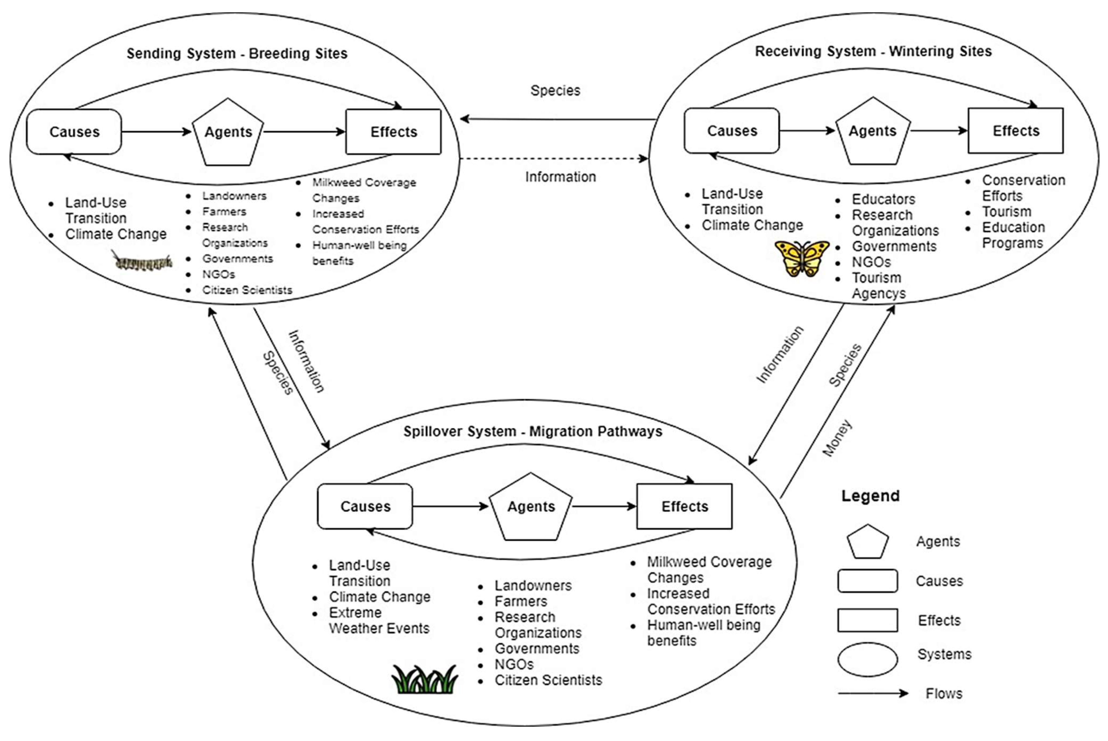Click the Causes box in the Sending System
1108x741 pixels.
pyautogui.click(x=74, y=132)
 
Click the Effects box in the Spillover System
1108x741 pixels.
pyautogui.click(x=684, y=506)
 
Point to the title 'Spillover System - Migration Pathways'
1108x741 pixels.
pyautogui.click(x=533, y=431)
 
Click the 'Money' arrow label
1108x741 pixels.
pyautogui.click(x=837, y=438)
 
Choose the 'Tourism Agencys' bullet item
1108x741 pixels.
pyautogui.click(x=878, y=285)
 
